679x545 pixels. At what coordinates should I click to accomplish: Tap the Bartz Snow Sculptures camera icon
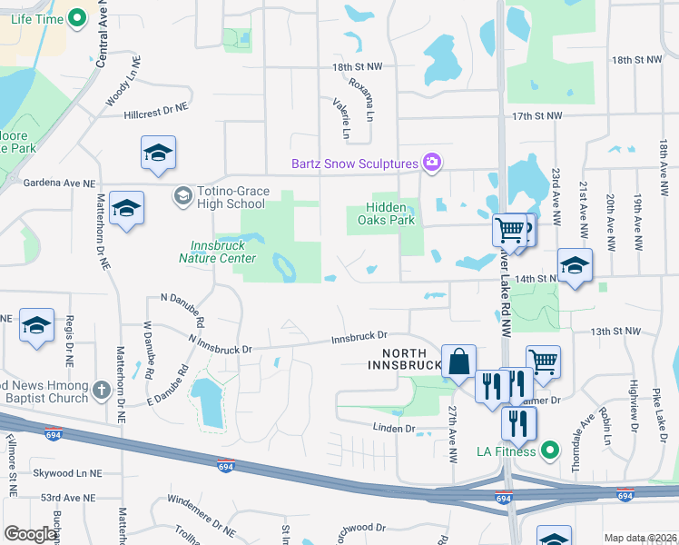click(x=433, y=163)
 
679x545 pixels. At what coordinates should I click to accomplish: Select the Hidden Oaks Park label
click(x=390, y=213)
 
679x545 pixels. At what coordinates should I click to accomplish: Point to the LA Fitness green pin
click(x=549, y=450)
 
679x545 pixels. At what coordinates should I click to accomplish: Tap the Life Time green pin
click(x=77, y=16)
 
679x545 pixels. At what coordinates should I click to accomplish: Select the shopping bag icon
click(x=459, y=361)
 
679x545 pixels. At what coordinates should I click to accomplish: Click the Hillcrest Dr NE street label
click(x=155, y=106)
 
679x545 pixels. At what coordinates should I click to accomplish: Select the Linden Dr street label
click(x=393, y=428)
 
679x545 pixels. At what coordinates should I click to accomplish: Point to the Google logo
click(x=31, y=534)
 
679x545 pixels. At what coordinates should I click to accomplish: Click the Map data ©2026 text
click(x=640, y=538)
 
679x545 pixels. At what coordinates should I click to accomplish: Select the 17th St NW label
click(x=537, y=116)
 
